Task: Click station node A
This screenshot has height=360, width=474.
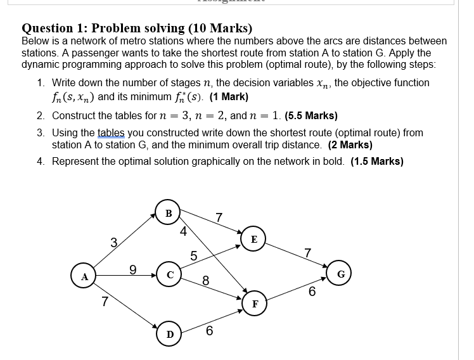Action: pyautogui.click(x=83, y=277)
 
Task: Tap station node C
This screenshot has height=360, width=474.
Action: pyautogui.click(x=169, y=274)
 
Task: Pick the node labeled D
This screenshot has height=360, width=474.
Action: pyautogui.click(x=169, y=334)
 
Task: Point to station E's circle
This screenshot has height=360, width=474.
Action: pyautogui.click(x=253, y=240)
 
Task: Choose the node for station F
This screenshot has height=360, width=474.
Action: pyautogui.click(x=255, y=304)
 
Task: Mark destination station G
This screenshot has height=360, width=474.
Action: pyautogui.click(x=340, y=274)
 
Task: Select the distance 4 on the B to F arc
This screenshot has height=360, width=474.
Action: pyautogui.click(x=183, y=232)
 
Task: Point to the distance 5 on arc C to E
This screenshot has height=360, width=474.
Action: pyautogui.click(x=194, y=256)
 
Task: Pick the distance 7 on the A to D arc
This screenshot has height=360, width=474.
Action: pyautogui.click(x=105, y=301)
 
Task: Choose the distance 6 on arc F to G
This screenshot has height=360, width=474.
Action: pyautogui.click(x=312, y=292)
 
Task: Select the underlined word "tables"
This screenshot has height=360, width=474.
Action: pyautogui.click(x=112, y=133)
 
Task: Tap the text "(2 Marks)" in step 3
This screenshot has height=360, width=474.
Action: pyautogui.click(x=350, y=145)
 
